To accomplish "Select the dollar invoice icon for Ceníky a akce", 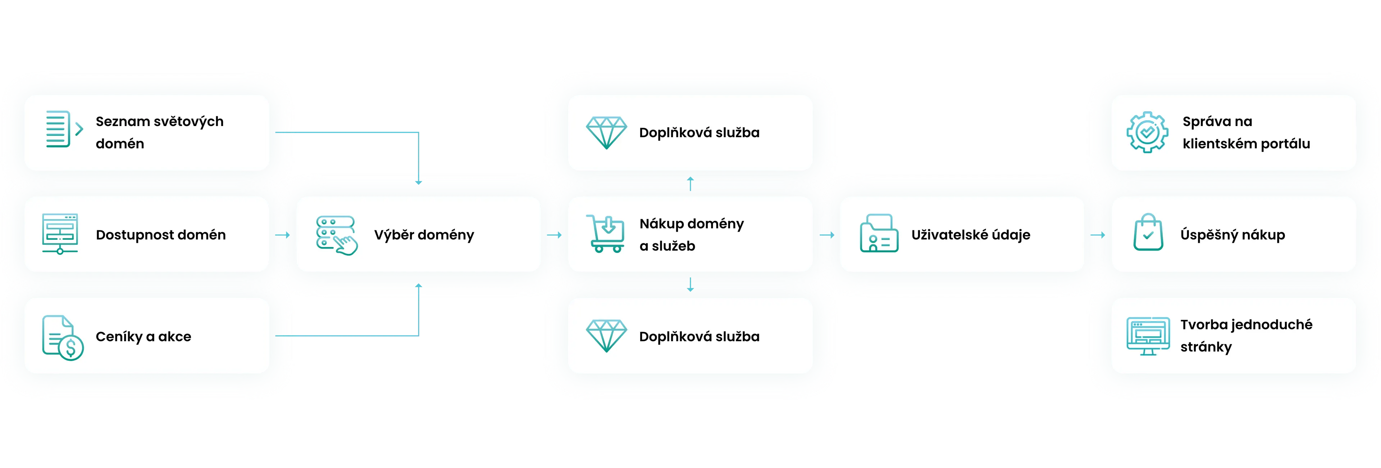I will [63, 338].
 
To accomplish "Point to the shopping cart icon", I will [606, 234].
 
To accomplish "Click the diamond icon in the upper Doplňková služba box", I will [606, 132].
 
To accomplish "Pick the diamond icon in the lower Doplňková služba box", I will [606, 337].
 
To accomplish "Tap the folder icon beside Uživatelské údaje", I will [879, 234].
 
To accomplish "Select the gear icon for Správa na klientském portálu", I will [1147, 132].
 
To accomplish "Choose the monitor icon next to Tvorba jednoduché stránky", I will [1148, 336].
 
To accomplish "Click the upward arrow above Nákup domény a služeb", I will [690, 184].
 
